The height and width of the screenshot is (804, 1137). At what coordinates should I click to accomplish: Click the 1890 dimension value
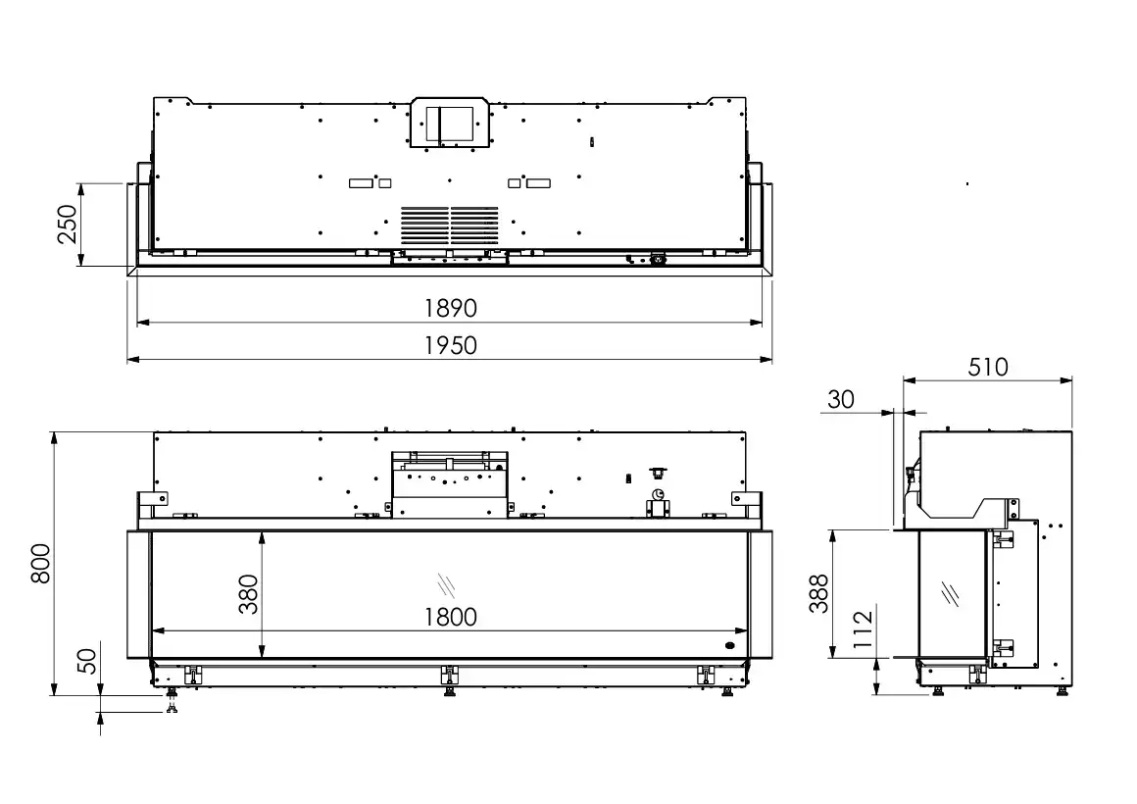tap(450, 309)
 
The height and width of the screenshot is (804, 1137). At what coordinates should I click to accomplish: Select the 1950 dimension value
tap(450, 345)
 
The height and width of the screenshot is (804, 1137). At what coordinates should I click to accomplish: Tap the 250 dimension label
tap(67, 225)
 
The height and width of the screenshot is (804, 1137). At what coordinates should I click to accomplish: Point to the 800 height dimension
tap(40, 563)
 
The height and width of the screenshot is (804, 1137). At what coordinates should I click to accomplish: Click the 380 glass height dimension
tap(248, 594)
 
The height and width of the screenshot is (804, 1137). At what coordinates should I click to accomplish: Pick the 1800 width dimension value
tap(450, 618)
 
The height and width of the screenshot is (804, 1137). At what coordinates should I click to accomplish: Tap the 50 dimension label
tap(86, 661)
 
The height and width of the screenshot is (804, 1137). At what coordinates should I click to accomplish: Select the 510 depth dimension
tap(988, 367)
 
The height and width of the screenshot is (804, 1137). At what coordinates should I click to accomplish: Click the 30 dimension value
tap(840, 399)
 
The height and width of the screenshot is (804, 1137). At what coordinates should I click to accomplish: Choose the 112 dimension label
tap(863, 629)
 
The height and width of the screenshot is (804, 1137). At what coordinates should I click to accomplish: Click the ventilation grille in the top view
tap(450, 226)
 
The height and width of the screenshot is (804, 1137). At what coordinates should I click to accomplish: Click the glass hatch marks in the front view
tap(446, 584)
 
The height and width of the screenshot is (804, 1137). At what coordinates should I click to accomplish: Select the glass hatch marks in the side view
tap(950, 593)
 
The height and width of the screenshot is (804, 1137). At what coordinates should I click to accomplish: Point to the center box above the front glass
tap(450, 484)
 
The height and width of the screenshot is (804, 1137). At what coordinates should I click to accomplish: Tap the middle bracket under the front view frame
tap(450, 675)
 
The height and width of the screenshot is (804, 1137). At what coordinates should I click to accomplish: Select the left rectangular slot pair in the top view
tap(370, 182)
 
